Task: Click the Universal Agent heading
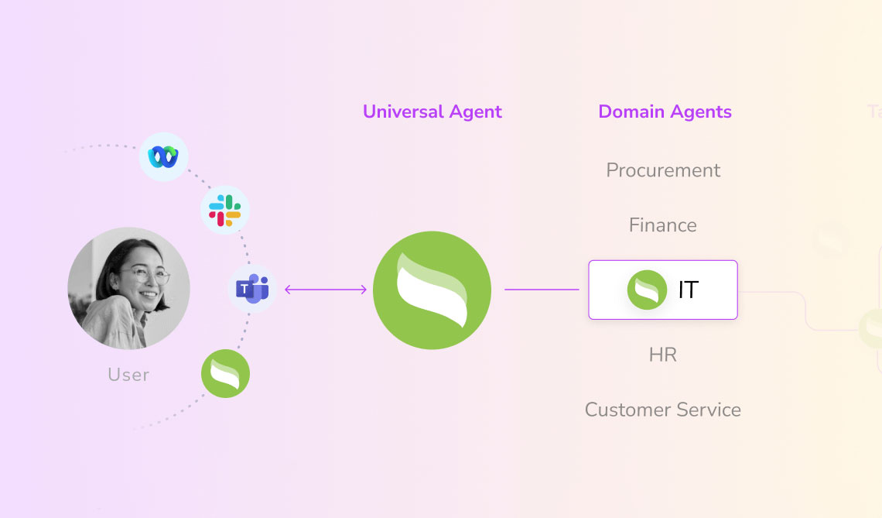pyautogui.click(x=432, y=111)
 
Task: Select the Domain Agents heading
pyautogui.click(x=665, y=111)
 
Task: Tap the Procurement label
pyautogui.click(x=663, y=170)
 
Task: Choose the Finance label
pyautogui.click(x=663, y=225)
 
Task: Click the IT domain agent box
pyautogui.click(x=663, y=290)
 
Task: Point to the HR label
pyautogui.click(x=663, y=355)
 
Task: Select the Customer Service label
pyautogui.click(x=663, y=410)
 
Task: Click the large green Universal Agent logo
pyautogui.click(x=432, y=290)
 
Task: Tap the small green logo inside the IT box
pyautogui.click(x=647, y=290)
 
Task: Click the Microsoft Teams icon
pyautogui.click(x=252, y=289)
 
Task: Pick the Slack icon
pyautogui.click(x=224, y=210)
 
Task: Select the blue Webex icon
pyautogui.click(x=164, y=156)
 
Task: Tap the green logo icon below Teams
pyautogui.click(x=225, y=373)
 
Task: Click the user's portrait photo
pyautogui.click(x=128, y=288)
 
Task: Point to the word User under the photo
pyautogui.click(x=128, y=375)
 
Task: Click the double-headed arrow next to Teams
pyautogui.click(x=326, y=290)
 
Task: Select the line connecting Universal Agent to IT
pyautogui.click(x=542, y=290)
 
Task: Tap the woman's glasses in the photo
pyautogui.click(x=146, y=276)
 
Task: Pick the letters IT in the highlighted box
pyautogui.click(x=688, y=290)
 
